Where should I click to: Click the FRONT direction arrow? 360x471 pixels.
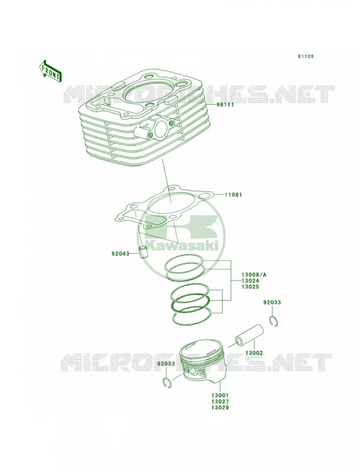[x=50, y=71]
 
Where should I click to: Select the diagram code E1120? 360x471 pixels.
[x=306, y=56]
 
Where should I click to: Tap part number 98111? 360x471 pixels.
[x=225, y=105]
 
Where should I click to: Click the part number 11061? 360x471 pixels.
[x=233, y=195]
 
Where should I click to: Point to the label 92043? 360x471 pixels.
[x=120, y=254]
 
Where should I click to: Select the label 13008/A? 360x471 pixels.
[x=253, y=274]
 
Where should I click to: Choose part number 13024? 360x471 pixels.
[x=250, y=281]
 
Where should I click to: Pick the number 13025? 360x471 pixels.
[x=250, y=287]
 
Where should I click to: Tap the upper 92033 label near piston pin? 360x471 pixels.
[x=272, y=302]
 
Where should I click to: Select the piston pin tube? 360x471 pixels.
[x=249, y=334]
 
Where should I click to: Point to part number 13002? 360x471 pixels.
[x=254, y=353]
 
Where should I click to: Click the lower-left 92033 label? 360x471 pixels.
[x=166, y=364]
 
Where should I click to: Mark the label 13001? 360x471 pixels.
[x=220, y=396]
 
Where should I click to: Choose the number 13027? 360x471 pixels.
[x=220, y=402]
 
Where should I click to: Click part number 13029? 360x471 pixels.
[x=220, y=407]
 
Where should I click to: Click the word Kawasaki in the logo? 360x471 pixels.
[x=181, y=246]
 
